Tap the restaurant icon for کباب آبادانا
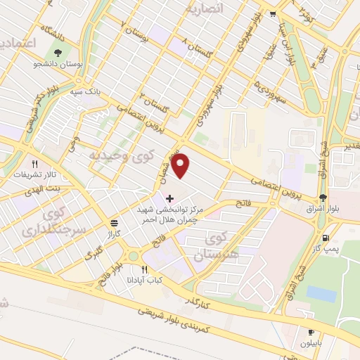click(x=145, y=269)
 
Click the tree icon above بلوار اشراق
click(x=323, y=198)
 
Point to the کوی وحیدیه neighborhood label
click(x=117, y=154)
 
